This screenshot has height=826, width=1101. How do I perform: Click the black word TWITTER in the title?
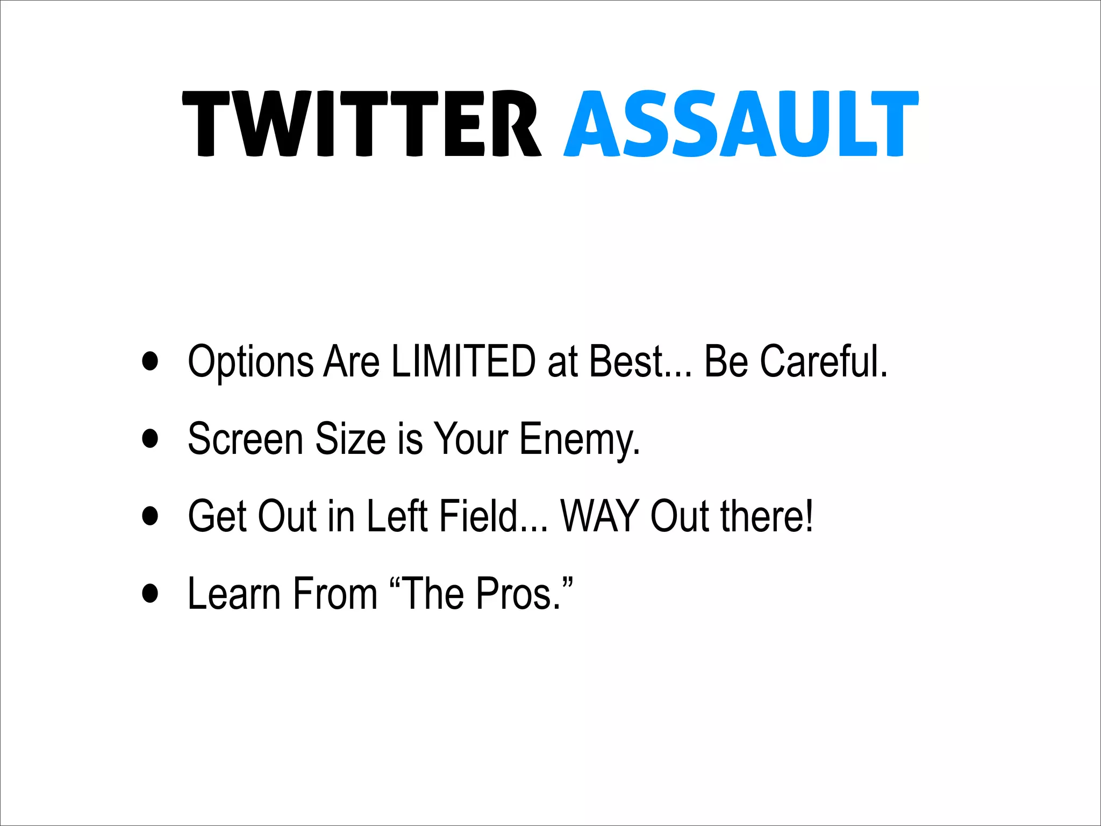tap(361, 124)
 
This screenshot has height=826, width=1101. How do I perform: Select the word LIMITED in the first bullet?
tap(463, 361)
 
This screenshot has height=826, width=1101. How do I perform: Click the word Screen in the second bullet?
tap(245, 439)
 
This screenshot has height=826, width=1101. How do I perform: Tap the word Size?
tap(350, 439)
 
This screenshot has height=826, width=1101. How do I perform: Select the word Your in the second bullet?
tap(470, 439)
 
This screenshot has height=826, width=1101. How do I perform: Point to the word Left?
tap(397, 516)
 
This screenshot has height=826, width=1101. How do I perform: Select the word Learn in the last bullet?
tap(234, 594)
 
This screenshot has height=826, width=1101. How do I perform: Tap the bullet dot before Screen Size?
tap(151, 438)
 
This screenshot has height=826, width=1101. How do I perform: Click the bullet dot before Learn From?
tap(151, 593)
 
